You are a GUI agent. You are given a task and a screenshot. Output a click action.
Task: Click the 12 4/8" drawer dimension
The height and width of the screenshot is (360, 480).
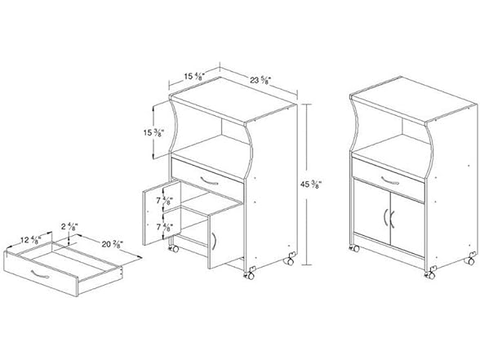pos(33,239)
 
